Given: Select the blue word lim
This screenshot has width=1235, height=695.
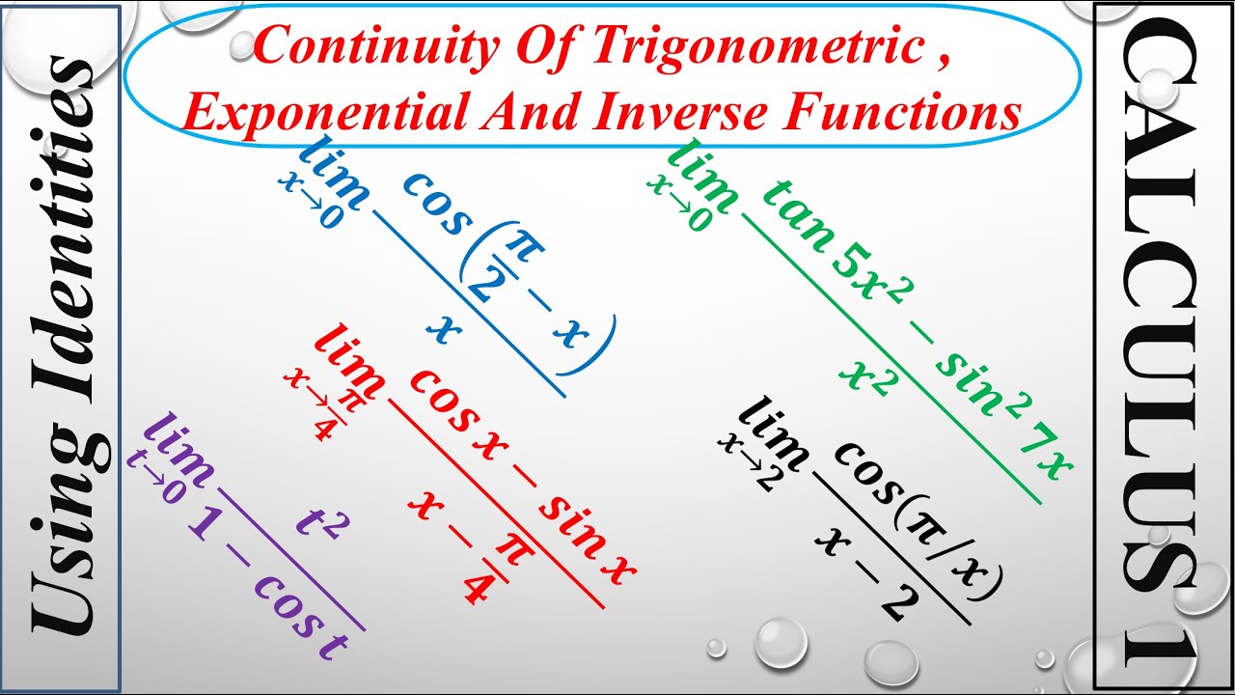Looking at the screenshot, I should (x=332, y=174).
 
